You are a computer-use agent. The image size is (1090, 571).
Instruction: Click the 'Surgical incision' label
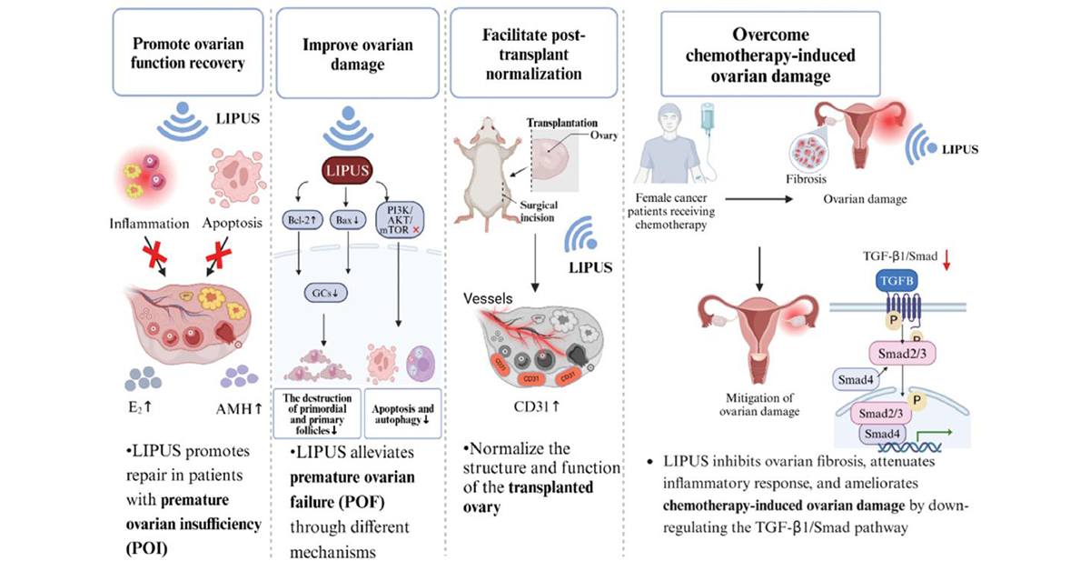(x=538, y=211)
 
